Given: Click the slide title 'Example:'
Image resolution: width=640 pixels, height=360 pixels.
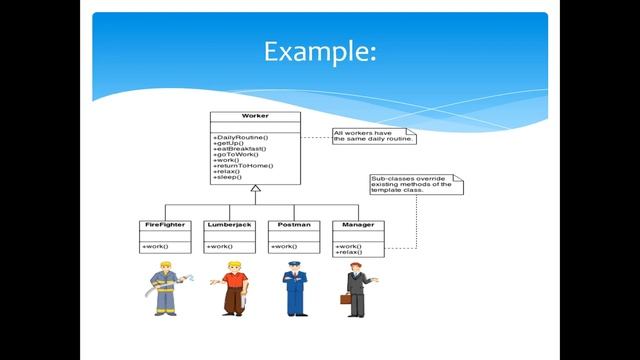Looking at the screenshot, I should point(320,51).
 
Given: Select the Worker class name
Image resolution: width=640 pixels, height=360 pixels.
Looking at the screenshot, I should point(254,116).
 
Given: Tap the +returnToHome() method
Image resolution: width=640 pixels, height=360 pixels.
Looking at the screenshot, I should point(243,166).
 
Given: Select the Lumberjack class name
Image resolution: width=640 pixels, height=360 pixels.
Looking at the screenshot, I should point(228,225).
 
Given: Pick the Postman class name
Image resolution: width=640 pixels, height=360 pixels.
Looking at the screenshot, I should point(292,225).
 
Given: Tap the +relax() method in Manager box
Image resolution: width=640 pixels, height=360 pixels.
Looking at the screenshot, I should point(349,252).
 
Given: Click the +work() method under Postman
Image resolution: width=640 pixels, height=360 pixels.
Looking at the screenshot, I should point(284,246).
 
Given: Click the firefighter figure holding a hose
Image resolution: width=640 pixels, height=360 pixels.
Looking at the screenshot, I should point(166,288).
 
